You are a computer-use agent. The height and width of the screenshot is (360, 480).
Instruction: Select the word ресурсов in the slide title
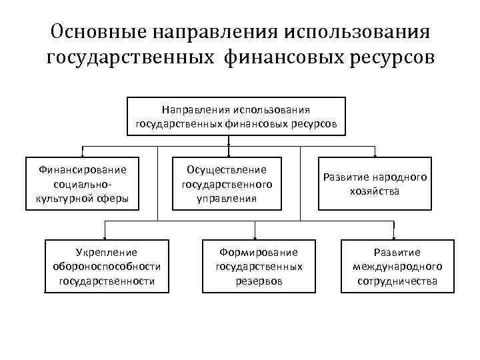(x=393, y=58)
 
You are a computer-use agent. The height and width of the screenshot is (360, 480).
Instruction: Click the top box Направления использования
(x=237, y=117)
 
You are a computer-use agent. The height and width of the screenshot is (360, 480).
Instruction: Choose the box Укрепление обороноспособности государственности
(x=107, y=267)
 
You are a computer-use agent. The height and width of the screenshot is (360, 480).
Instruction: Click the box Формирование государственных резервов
(x=259, y=267)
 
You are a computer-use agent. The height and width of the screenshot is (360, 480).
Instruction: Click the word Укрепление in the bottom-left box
(x=107, y=253)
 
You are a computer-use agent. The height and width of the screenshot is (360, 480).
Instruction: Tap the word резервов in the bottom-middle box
(x=259, y=281)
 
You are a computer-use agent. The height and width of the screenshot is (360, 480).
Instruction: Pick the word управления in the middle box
(x=227, y=198)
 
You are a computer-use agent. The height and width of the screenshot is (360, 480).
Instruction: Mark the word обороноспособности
(x=107, y=267)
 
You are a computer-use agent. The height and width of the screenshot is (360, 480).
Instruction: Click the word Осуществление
(x=227, y=169)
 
